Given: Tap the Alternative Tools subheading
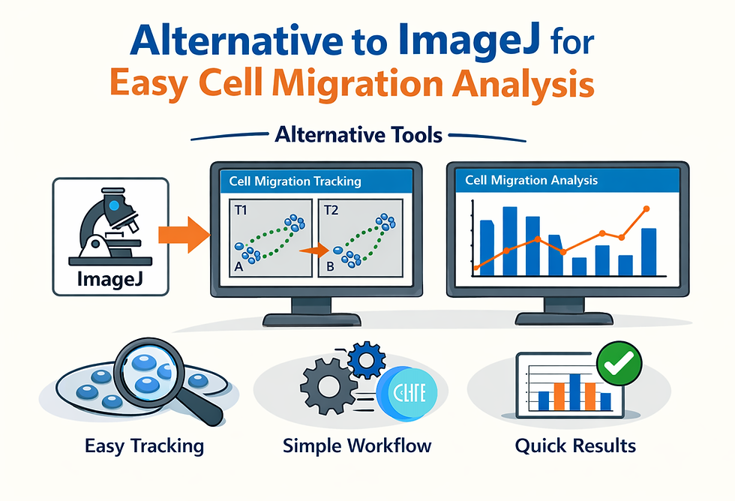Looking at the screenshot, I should click(359, 136).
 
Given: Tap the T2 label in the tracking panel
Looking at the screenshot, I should click(331, 210).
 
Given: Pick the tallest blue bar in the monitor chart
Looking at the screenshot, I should click(510, 241).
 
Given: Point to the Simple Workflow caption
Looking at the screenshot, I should click(357, 446).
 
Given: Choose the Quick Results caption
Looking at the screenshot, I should click(575, 446).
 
